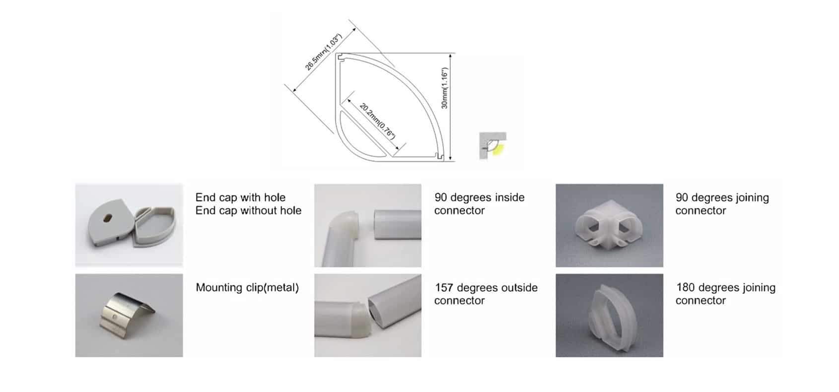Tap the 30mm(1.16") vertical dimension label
[444, 88]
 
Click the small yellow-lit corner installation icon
[492, 145]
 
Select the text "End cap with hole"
[240, 197]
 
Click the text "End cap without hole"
[248, 211]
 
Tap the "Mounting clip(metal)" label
[247, 288]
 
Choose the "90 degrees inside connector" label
[479, 204]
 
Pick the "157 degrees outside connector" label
[486, 294]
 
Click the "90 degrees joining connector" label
[722, 204]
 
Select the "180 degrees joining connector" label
[725, 294]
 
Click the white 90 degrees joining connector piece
[608, 226]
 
